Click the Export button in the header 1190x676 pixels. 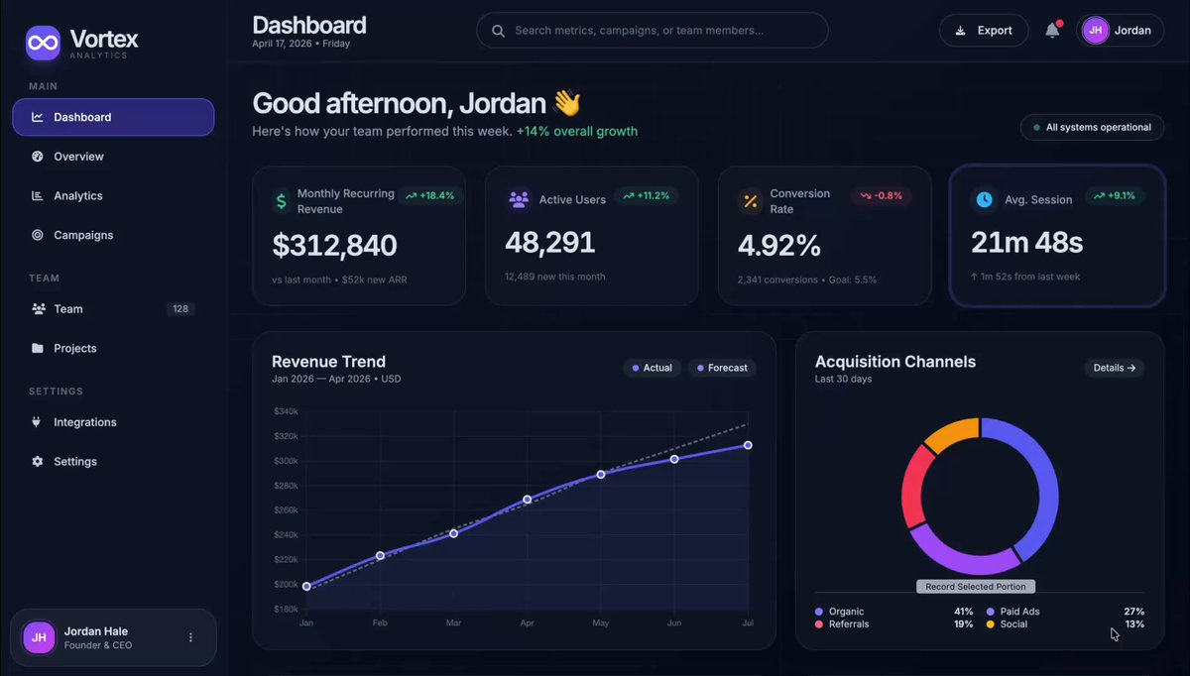tap(983, 31)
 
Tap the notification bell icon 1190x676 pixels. tap(1052, 31)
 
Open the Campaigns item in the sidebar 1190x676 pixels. tap(83, 235)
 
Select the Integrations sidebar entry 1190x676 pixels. tap(84, 422)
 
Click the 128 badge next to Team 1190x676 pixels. tap(180, 309)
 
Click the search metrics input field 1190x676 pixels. tap(652, 31)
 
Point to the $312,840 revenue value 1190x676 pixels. tap(334, 245)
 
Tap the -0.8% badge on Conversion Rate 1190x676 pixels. tap(881, 195)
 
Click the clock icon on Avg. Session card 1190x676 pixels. tap(984, 199)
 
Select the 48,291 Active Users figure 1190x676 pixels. tap(549, 242)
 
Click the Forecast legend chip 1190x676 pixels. tap(721, 368)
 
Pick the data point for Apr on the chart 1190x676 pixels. tap(528, 500)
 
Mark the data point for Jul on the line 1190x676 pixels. tap(748, 445)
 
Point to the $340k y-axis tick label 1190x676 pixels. tap(286, 411)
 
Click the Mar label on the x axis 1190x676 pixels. tap(453, 623)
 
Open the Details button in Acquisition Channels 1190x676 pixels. tap(1114, 368)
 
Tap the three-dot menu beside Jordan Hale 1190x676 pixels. tap(191, 637)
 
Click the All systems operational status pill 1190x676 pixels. tap(1092, 127)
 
